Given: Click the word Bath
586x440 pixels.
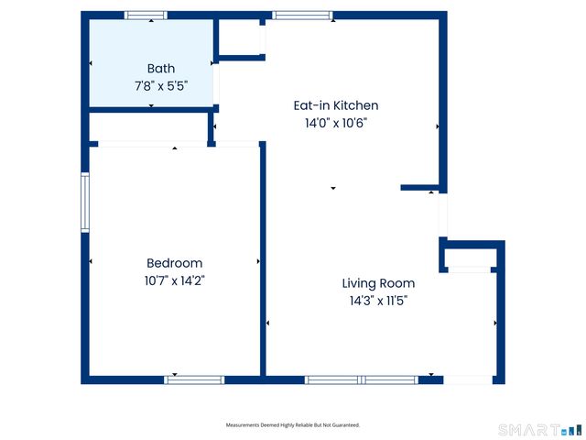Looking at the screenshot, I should point(160,68).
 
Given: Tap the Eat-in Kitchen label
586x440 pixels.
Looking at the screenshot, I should point(334,105).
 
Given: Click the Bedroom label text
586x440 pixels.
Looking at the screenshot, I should point(174,263).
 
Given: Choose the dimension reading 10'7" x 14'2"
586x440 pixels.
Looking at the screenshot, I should point(174,280).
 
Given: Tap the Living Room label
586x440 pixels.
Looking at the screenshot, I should point(378,283).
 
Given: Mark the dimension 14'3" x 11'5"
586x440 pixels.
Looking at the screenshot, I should point(378,301).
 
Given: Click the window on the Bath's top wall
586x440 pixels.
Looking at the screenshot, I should point(146,15).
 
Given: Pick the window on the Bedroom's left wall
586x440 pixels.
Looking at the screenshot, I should point(85,203).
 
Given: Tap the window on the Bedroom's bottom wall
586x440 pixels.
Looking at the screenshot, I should point(194,379).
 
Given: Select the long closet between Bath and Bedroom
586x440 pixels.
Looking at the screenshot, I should point(148,127).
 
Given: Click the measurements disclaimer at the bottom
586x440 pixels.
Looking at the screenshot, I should point(293,425).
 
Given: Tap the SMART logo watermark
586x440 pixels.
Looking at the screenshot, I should point(539,429).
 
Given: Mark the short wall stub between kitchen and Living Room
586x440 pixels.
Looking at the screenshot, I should point(422,188).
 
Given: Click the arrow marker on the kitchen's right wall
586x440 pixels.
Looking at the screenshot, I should point(438,126).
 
